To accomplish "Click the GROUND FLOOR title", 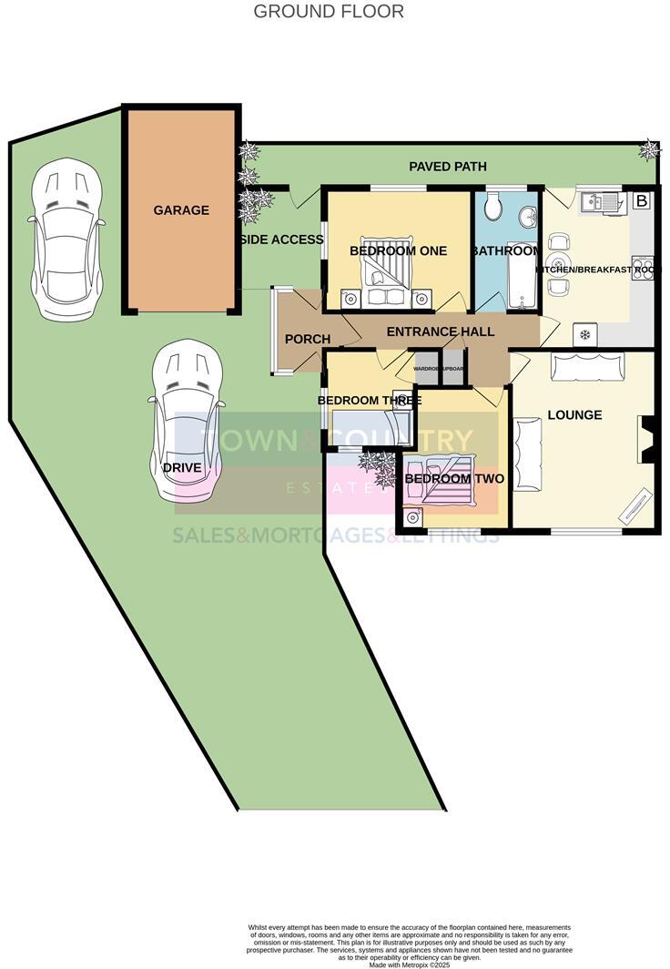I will click(x=328, y=12).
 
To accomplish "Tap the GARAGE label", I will click(x=181, y=210).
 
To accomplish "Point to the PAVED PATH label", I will click(x=447, y=167).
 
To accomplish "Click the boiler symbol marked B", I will click(x=641, y=200).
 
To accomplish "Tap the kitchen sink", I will click(x=604, y=200).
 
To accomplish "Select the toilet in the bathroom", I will click(x=492, y=208).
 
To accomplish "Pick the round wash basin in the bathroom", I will click(x=528, y=217).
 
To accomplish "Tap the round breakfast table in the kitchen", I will click(x=558, y=264).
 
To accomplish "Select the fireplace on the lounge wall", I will click(x=647, y=440).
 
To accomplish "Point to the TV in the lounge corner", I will click(x=635, y=506).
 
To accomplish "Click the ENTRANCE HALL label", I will click(x=440, y=331).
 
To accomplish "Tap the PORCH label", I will click(x=307, y=340).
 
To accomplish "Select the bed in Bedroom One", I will click(x=385, y=276).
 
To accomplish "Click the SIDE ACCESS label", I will click(x=281, y=240).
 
